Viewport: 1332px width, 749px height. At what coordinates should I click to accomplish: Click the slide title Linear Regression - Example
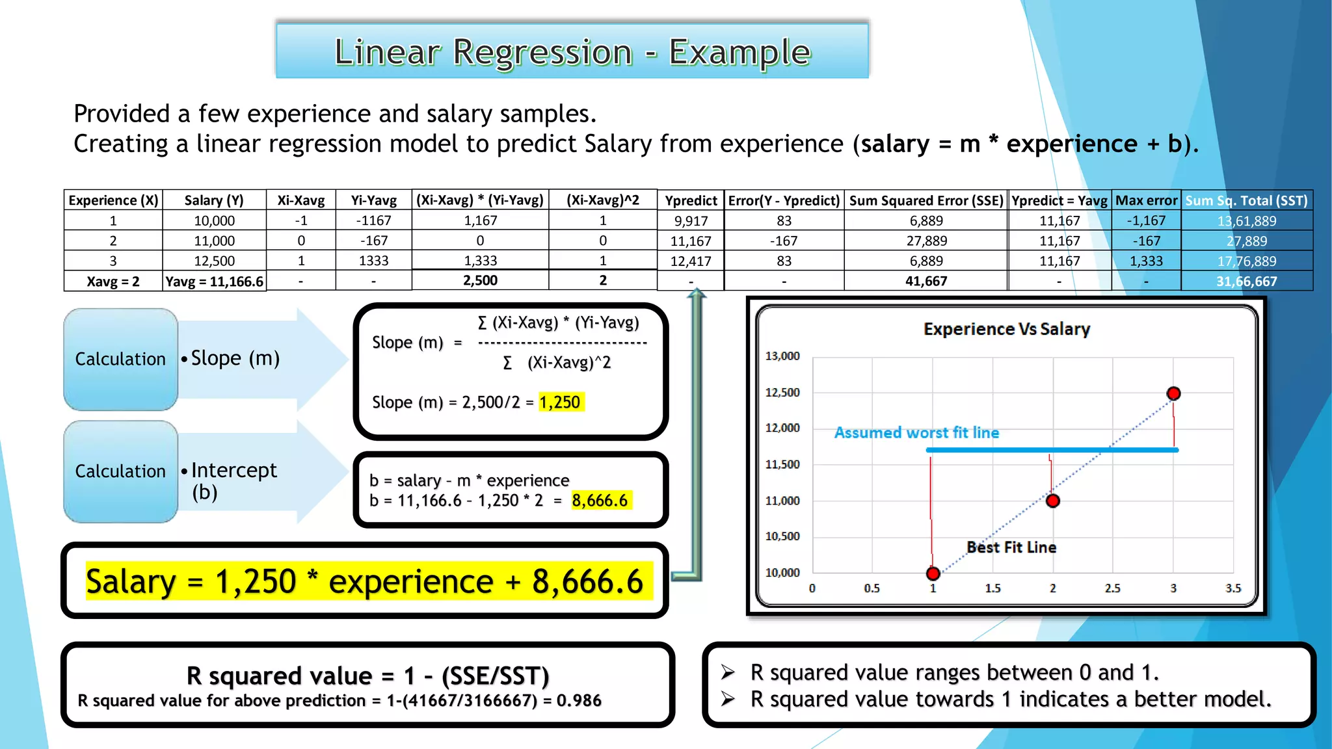(572, 52)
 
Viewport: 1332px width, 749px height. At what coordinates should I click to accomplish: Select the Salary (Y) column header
(214, 200)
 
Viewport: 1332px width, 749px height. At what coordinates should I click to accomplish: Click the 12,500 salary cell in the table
(214, 261)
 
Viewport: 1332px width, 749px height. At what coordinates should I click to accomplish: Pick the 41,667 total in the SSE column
(926, 281)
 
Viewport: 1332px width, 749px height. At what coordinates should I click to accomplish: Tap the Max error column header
(1146, 200)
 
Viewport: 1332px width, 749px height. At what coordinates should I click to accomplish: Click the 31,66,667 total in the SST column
(1246, 281)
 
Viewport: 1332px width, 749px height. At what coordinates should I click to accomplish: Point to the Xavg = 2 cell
(113, 281)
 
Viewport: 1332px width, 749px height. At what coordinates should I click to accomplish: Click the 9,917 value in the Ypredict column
(691, 221)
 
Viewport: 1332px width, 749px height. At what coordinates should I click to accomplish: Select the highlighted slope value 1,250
(560, 402)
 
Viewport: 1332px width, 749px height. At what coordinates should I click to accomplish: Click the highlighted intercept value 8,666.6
(600, 500)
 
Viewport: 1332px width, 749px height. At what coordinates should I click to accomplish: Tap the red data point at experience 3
(1173, 393)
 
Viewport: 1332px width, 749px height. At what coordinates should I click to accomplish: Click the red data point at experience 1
(933, 573)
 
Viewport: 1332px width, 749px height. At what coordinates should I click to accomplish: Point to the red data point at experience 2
(1053, 501)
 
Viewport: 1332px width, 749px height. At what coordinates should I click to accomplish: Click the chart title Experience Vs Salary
(1006, 329)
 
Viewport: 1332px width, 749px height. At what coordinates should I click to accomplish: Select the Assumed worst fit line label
(916, 432)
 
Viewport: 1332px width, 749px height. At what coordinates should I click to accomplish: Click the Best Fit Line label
(1011, 547)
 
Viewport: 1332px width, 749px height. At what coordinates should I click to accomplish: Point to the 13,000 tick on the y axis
(782, 356)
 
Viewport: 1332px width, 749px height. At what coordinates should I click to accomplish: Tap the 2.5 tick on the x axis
(1112, 588)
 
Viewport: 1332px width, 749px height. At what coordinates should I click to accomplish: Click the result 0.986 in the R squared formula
(579, 700)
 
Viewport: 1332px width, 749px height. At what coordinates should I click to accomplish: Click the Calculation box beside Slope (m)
(120, 359)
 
